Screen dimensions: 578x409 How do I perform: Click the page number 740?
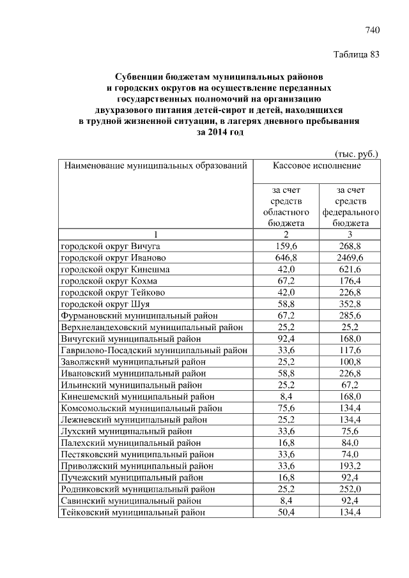[x=373, y=30]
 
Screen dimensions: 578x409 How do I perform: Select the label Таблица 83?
[x=357, y=54]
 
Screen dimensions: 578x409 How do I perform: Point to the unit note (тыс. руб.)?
[x=357, y=153]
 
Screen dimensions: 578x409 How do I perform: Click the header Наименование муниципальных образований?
[x=154, y=166]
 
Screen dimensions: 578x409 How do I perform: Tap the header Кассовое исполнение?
[x=316, y=166]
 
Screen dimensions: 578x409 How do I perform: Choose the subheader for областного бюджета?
[x=286, y=206]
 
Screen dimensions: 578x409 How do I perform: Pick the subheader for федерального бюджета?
[x=350, y=206]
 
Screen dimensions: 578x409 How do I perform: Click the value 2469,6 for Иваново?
[x=350, y=257]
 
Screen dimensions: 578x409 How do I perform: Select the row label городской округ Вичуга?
[x=111, y=245]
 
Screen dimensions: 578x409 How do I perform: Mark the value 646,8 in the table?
[x=286, y=257]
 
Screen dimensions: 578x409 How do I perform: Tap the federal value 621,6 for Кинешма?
[x=350, y=269]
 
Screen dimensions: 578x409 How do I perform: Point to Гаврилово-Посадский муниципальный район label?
[x=154, y=350]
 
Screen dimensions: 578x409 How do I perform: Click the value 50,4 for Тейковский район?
[x=286, y=512]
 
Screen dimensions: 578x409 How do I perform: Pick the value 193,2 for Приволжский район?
[x=350, y=466]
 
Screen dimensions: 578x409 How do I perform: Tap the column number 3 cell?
[x=350, y=234]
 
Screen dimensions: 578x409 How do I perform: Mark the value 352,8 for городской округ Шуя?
[x=350, y=304]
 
